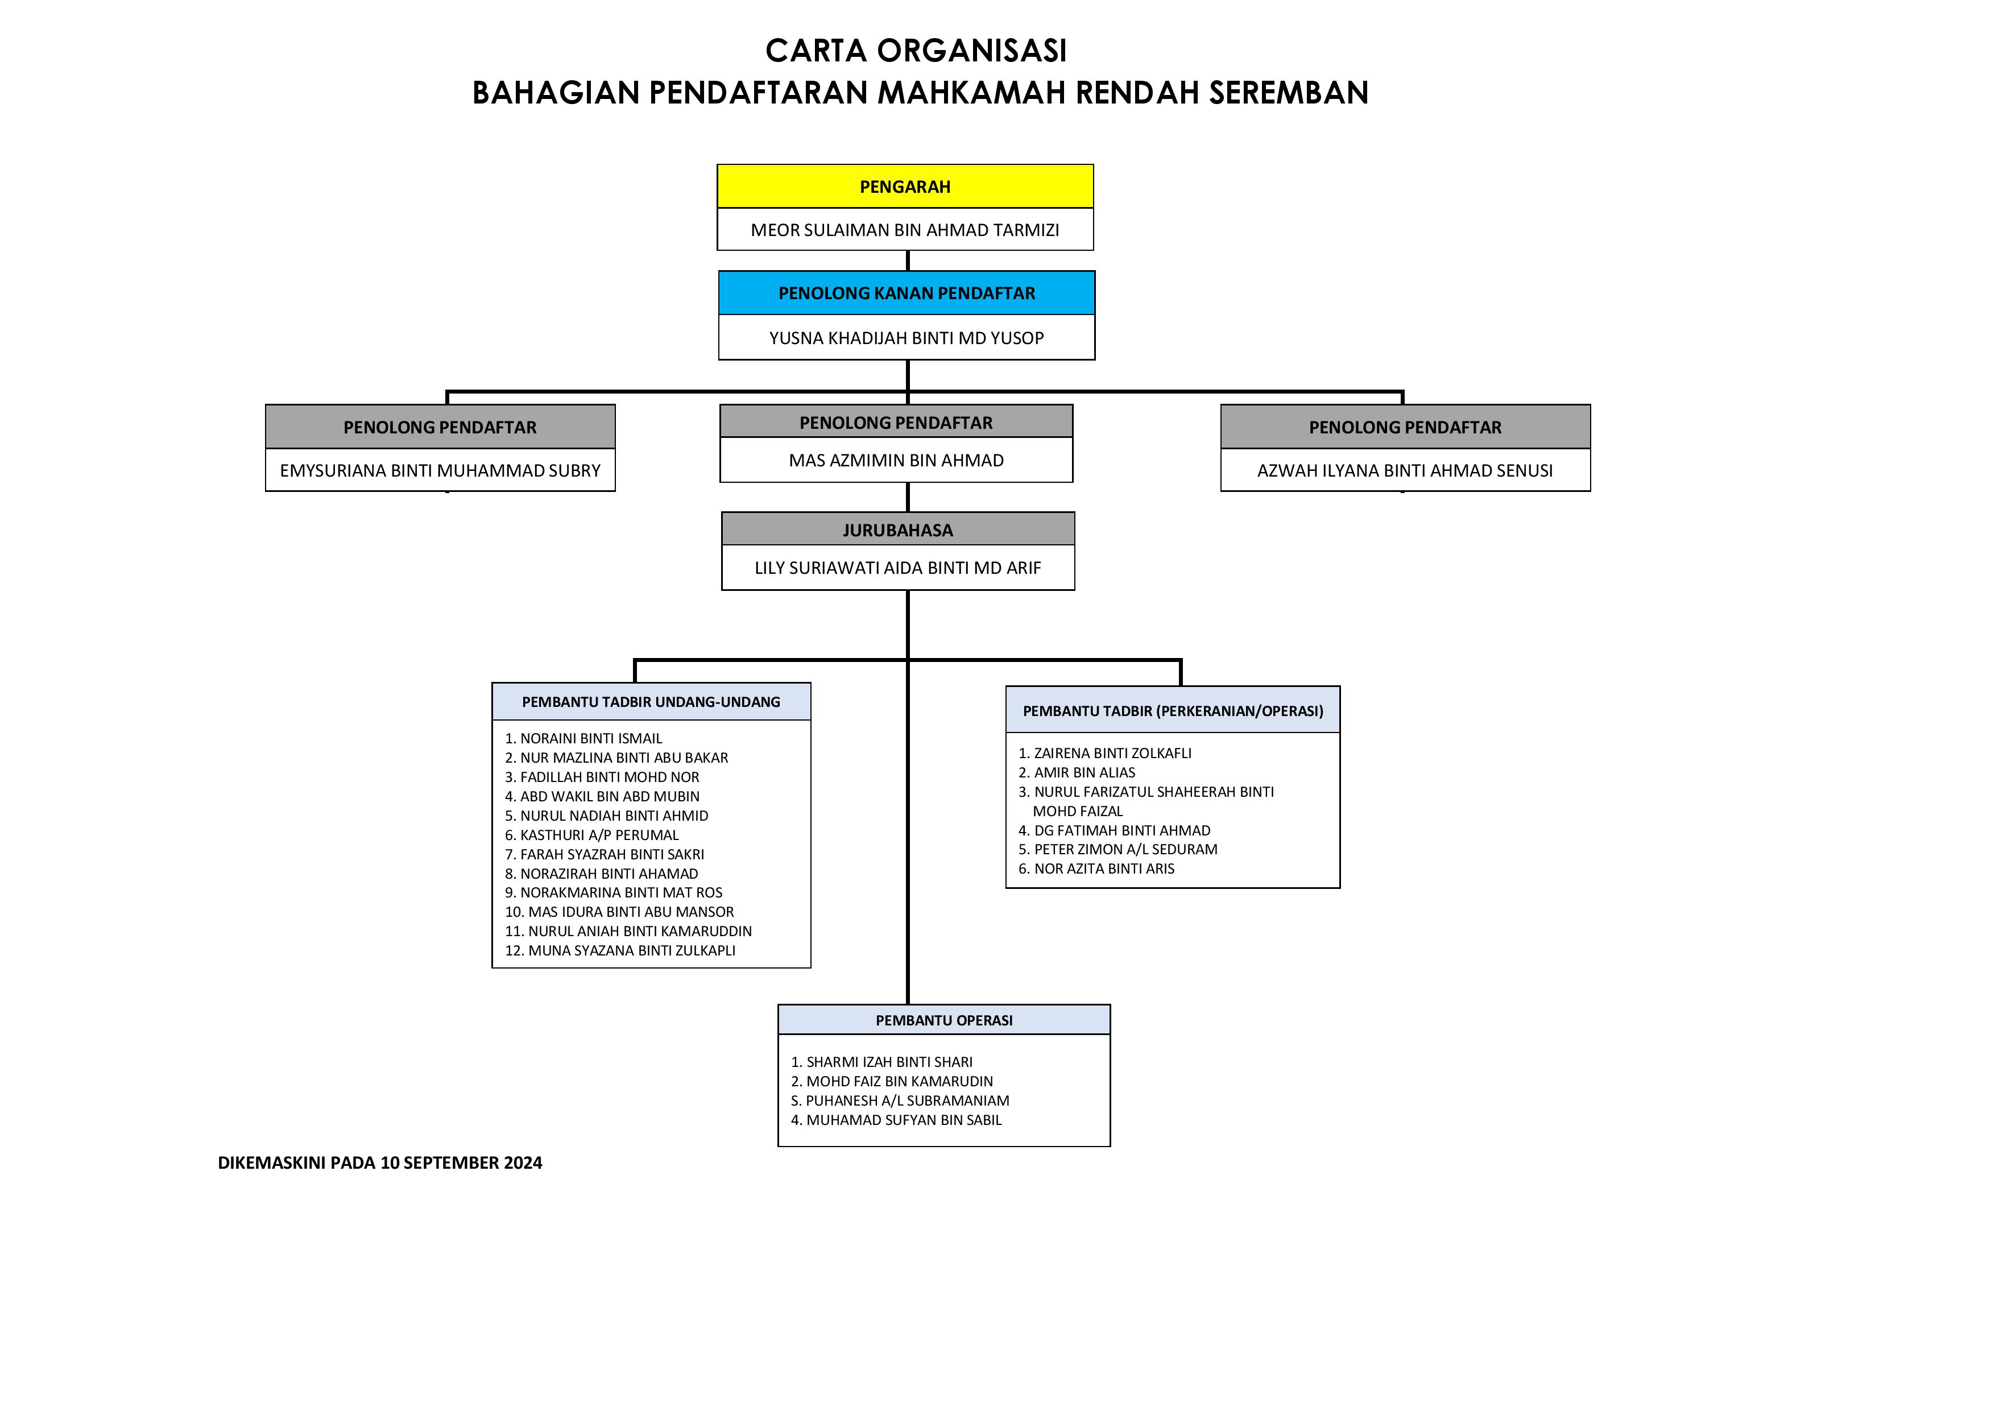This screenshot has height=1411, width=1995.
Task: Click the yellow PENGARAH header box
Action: coord(905,186)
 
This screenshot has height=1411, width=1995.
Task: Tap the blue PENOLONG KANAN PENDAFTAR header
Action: coord(907,293)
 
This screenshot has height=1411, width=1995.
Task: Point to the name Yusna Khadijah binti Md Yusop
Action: coord(907,338)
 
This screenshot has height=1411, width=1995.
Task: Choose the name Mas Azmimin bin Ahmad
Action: coord(896,461)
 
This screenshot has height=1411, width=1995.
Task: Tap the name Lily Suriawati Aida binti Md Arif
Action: coord(897,568)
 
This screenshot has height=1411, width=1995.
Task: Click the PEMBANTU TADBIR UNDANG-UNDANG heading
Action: coord(651,702)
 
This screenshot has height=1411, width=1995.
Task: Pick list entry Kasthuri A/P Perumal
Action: coord(591,835)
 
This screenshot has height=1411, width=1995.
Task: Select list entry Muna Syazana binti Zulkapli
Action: coord(620,950)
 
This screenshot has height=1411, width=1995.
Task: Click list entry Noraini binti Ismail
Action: coord(584,739)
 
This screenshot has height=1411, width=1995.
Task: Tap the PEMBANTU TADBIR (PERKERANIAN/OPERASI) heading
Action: coord(1173,711)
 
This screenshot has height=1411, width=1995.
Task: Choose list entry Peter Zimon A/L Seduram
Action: coord(1117,849)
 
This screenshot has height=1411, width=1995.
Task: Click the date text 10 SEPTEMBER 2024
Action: coord(461,1162)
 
